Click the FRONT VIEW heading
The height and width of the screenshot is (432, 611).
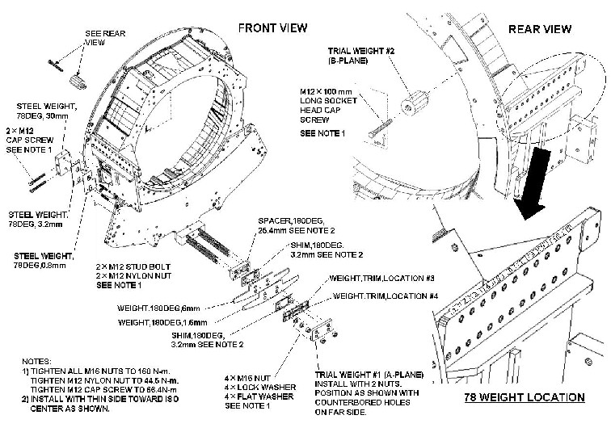point(272,28)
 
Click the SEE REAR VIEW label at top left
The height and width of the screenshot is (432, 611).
point(103,39)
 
